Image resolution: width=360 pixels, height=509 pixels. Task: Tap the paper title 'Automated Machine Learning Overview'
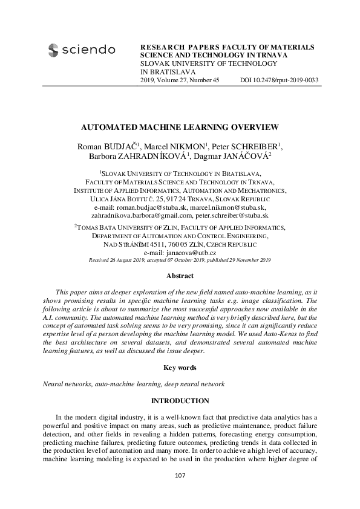pos(180,128)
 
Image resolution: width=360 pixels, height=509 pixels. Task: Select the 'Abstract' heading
pos(180,275)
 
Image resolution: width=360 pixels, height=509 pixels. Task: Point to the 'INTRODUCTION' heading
pos(180,401)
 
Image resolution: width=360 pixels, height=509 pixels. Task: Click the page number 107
pos(180,475)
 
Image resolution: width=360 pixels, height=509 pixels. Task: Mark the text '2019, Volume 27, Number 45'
pos(180,80)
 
